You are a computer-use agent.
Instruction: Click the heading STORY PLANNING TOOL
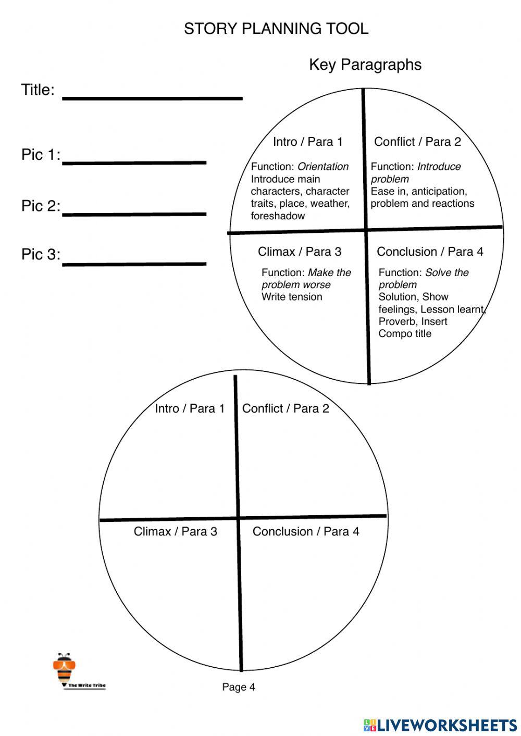pos(276,29)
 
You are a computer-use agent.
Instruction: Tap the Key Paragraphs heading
pos(365,65)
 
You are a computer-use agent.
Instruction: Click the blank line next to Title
pos(152,97)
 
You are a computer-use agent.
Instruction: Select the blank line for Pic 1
pos(134,162)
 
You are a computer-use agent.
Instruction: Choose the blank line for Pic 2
pos(134,213)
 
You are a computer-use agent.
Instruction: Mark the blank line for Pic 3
pos(134,264)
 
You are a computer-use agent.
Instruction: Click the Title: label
pos(38,90)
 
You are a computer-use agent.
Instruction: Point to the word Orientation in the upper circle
pos(323,167)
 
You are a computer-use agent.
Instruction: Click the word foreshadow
pos(278,216)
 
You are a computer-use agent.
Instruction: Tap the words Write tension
pos(292,297)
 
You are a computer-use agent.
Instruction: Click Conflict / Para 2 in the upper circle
pos(417,142)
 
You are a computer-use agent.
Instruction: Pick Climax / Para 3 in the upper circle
pos(300,252)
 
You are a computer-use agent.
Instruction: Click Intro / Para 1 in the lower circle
pos(190,408)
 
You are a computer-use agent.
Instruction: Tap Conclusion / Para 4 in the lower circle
pos(306,531)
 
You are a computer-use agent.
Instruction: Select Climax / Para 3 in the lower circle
pos(176,531)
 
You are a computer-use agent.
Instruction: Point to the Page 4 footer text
pos(239,687)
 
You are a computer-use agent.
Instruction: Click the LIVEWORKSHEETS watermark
pos(441,725)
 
